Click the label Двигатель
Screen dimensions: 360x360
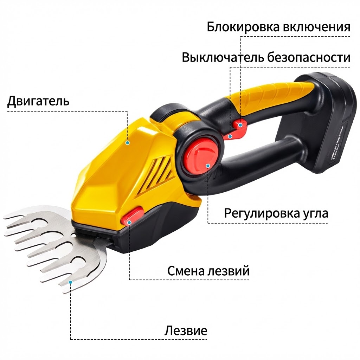click(x=38, y=101)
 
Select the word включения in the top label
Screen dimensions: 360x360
click(x=317, y=27)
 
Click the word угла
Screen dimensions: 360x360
click(x=315, y=213)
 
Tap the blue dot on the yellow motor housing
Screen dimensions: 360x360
click(x=128, y=143)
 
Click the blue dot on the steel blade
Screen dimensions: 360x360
click(x=71, y=282)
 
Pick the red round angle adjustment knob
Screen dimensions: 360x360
click(x=200, y=155)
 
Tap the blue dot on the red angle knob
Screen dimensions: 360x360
click(x=208, y=166)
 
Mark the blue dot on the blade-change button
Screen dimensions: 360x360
click(x=129, y=222)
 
